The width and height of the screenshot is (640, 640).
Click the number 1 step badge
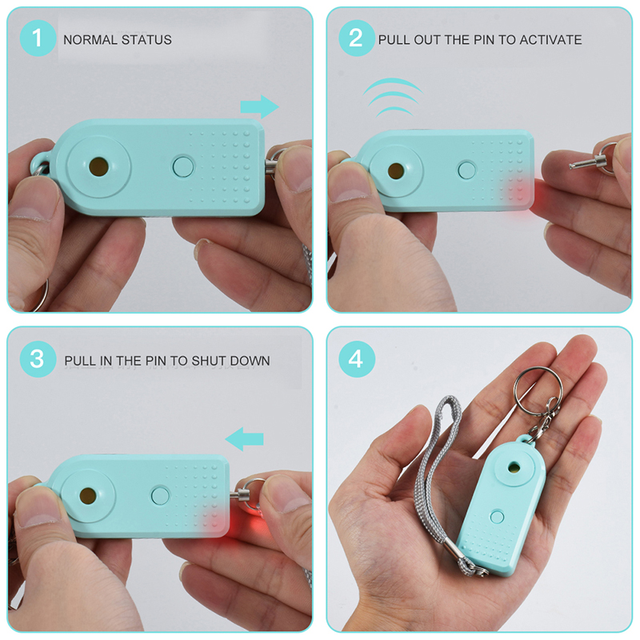point(38,38)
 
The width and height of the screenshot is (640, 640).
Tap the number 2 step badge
point(356,38)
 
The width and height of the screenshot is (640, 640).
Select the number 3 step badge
point(38,359)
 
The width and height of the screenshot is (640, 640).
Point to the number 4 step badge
point(356,359)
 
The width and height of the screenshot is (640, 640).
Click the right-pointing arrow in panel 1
point(259,107)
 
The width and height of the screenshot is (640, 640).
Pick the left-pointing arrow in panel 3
point(244,439)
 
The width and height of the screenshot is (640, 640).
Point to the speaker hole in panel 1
point(98,166)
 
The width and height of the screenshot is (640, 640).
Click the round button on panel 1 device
point(183,166)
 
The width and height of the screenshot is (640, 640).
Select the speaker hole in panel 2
point(395,171)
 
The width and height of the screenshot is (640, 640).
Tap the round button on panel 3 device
point(160,495)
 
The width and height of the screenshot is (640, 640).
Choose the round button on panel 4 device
point(497,517)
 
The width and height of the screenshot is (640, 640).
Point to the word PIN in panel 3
point(155,361)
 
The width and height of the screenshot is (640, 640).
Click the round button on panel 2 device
point(467,170)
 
